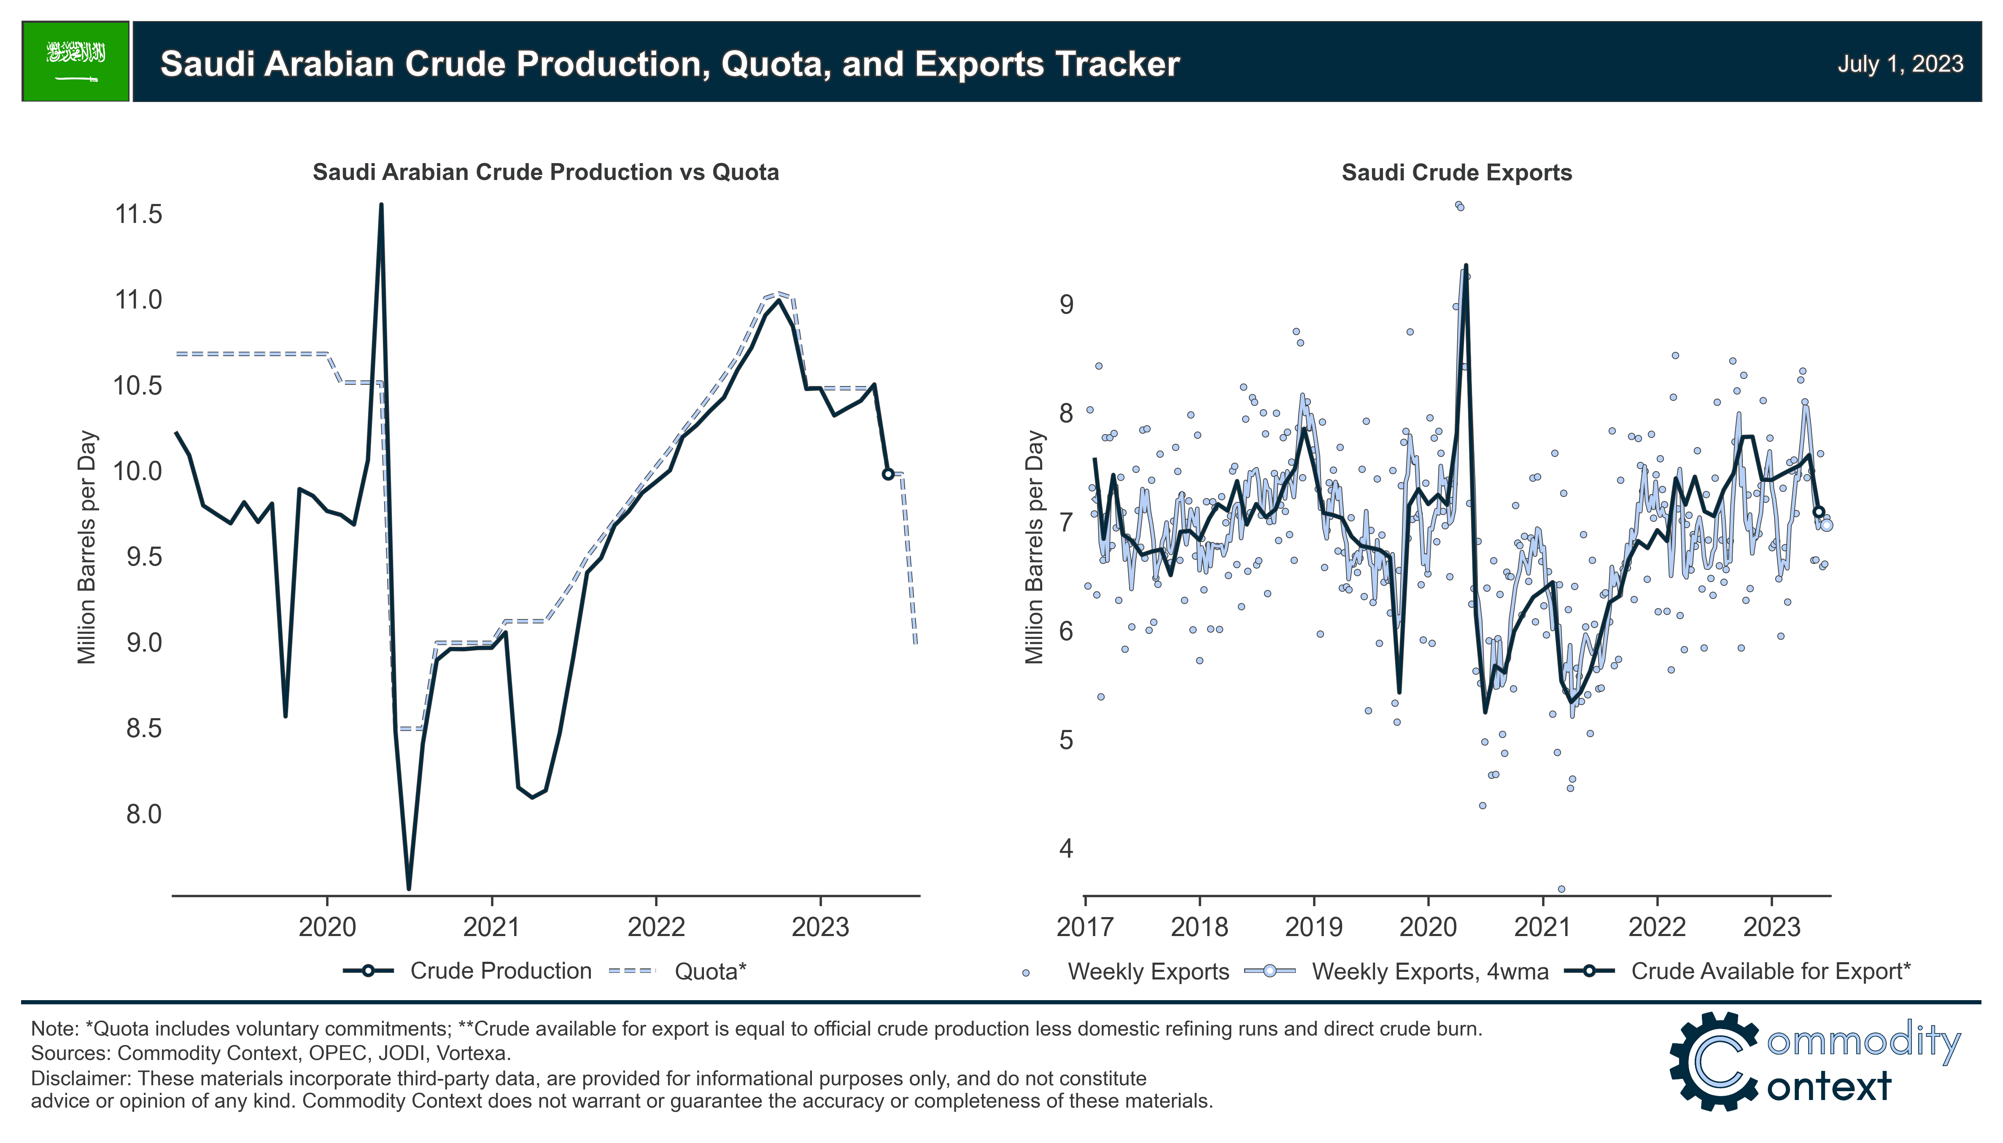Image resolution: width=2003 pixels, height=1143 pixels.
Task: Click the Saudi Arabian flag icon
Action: [75, 61]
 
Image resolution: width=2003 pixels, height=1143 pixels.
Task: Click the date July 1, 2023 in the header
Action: [1899, 64]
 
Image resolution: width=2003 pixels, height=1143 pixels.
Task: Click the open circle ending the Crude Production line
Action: [887, 474]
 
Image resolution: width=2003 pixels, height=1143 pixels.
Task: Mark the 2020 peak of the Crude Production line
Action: [381, 206]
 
